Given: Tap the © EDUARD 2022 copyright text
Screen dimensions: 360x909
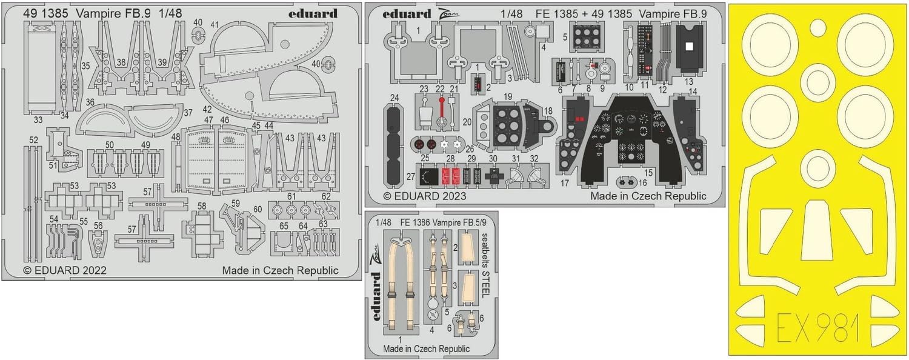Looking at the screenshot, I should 65,271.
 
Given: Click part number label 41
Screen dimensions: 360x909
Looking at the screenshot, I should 215,24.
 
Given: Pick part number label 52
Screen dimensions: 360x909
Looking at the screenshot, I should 33,140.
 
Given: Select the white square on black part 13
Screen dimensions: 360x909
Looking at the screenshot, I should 688,45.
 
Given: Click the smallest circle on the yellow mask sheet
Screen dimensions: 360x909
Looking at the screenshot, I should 817,25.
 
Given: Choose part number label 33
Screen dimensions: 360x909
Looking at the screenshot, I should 38,120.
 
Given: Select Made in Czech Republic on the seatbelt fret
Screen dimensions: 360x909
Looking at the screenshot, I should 426,348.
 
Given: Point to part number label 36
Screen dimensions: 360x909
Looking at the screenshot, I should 90,103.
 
